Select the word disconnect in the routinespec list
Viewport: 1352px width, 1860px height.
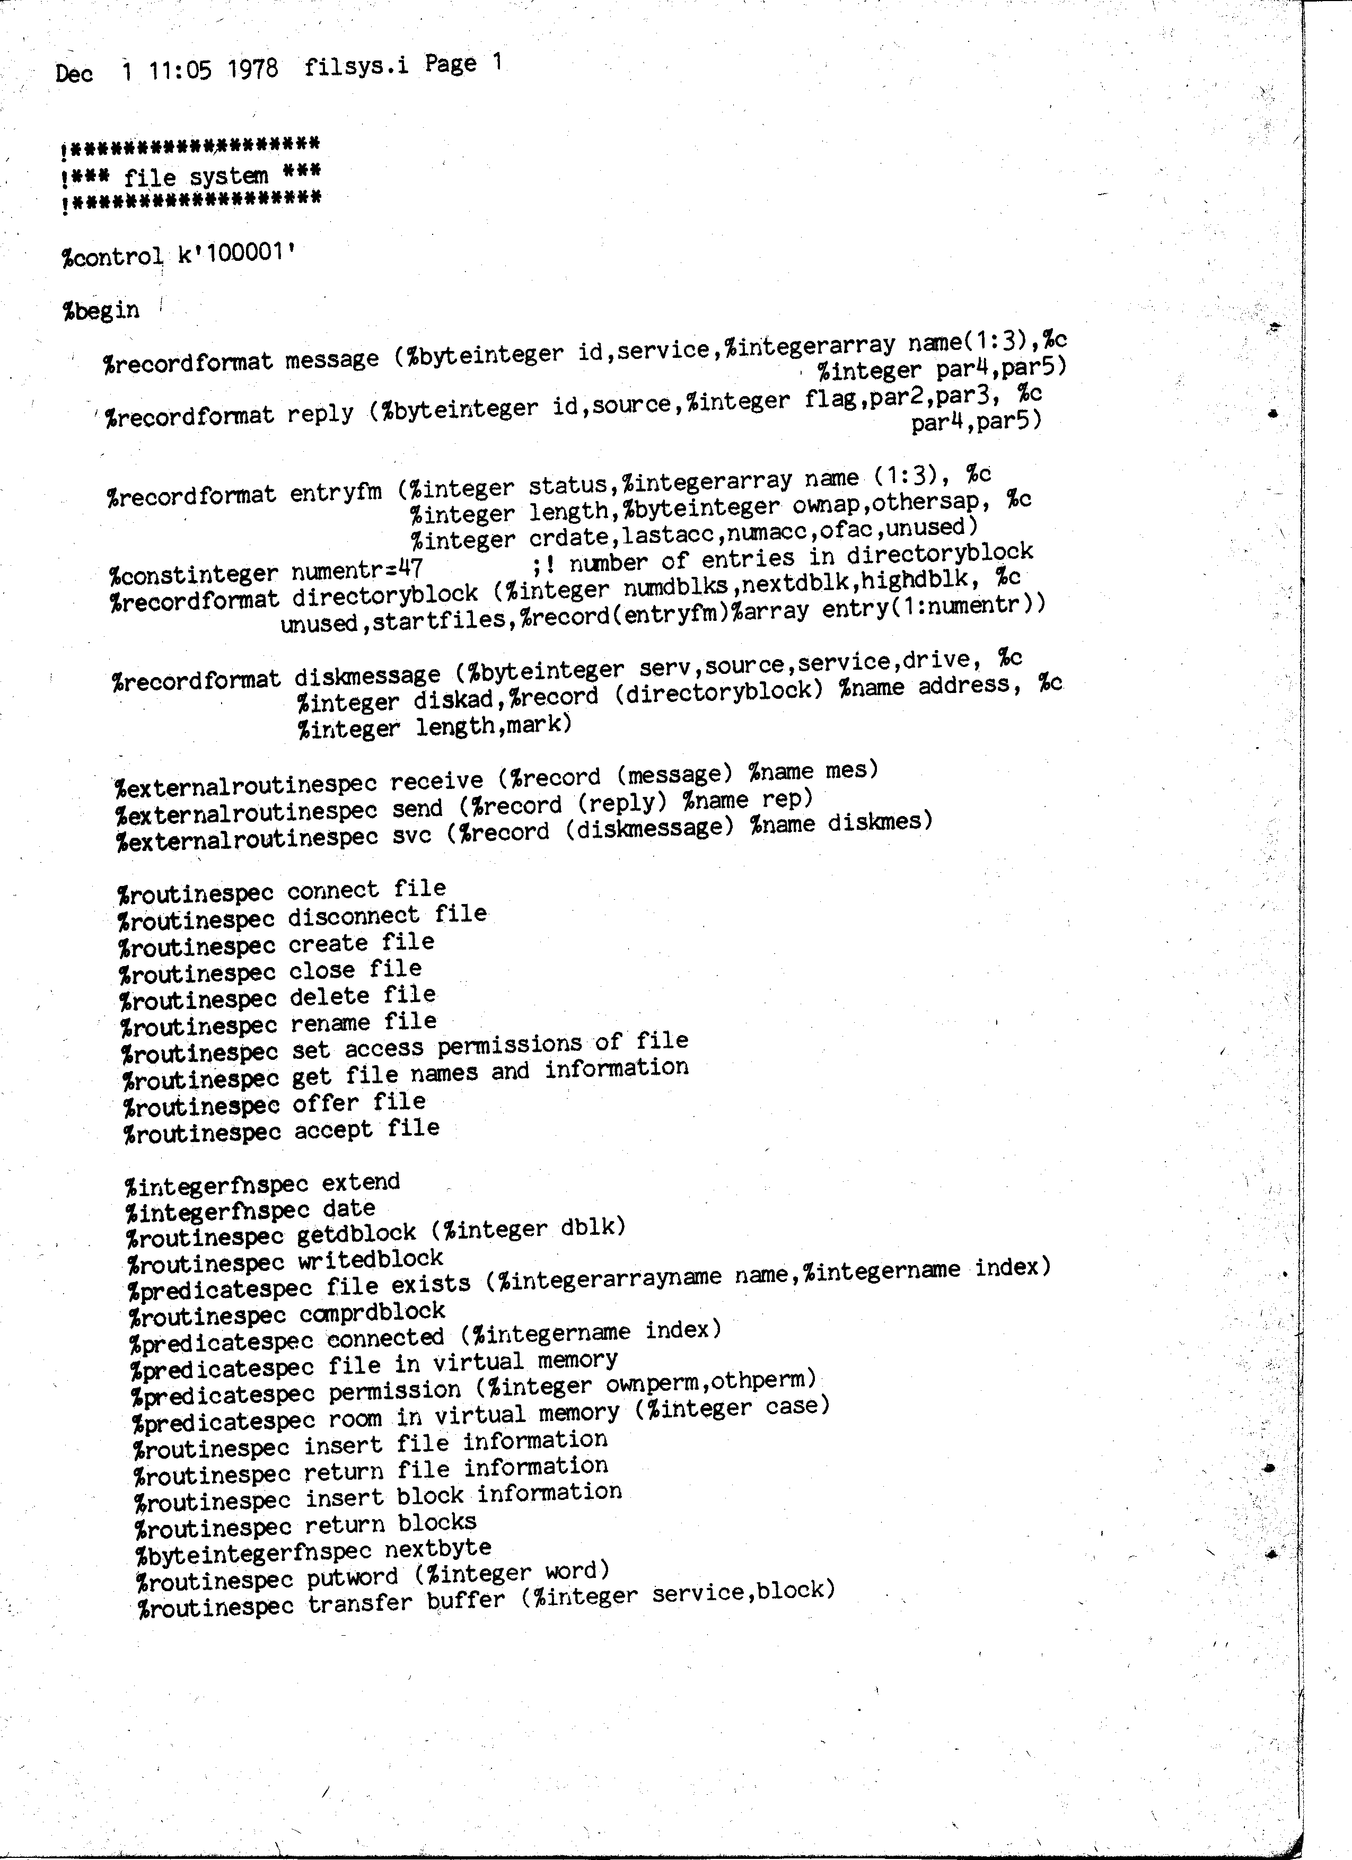[x=353, y=916]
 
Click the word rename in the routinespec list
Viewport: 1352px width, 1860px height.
[x=330, y=1023]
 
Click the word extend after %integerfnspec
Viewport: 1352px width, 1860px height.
[x=361, y=1182]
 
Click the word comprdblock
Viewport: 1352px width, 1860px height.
[x=372, y=1312]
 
